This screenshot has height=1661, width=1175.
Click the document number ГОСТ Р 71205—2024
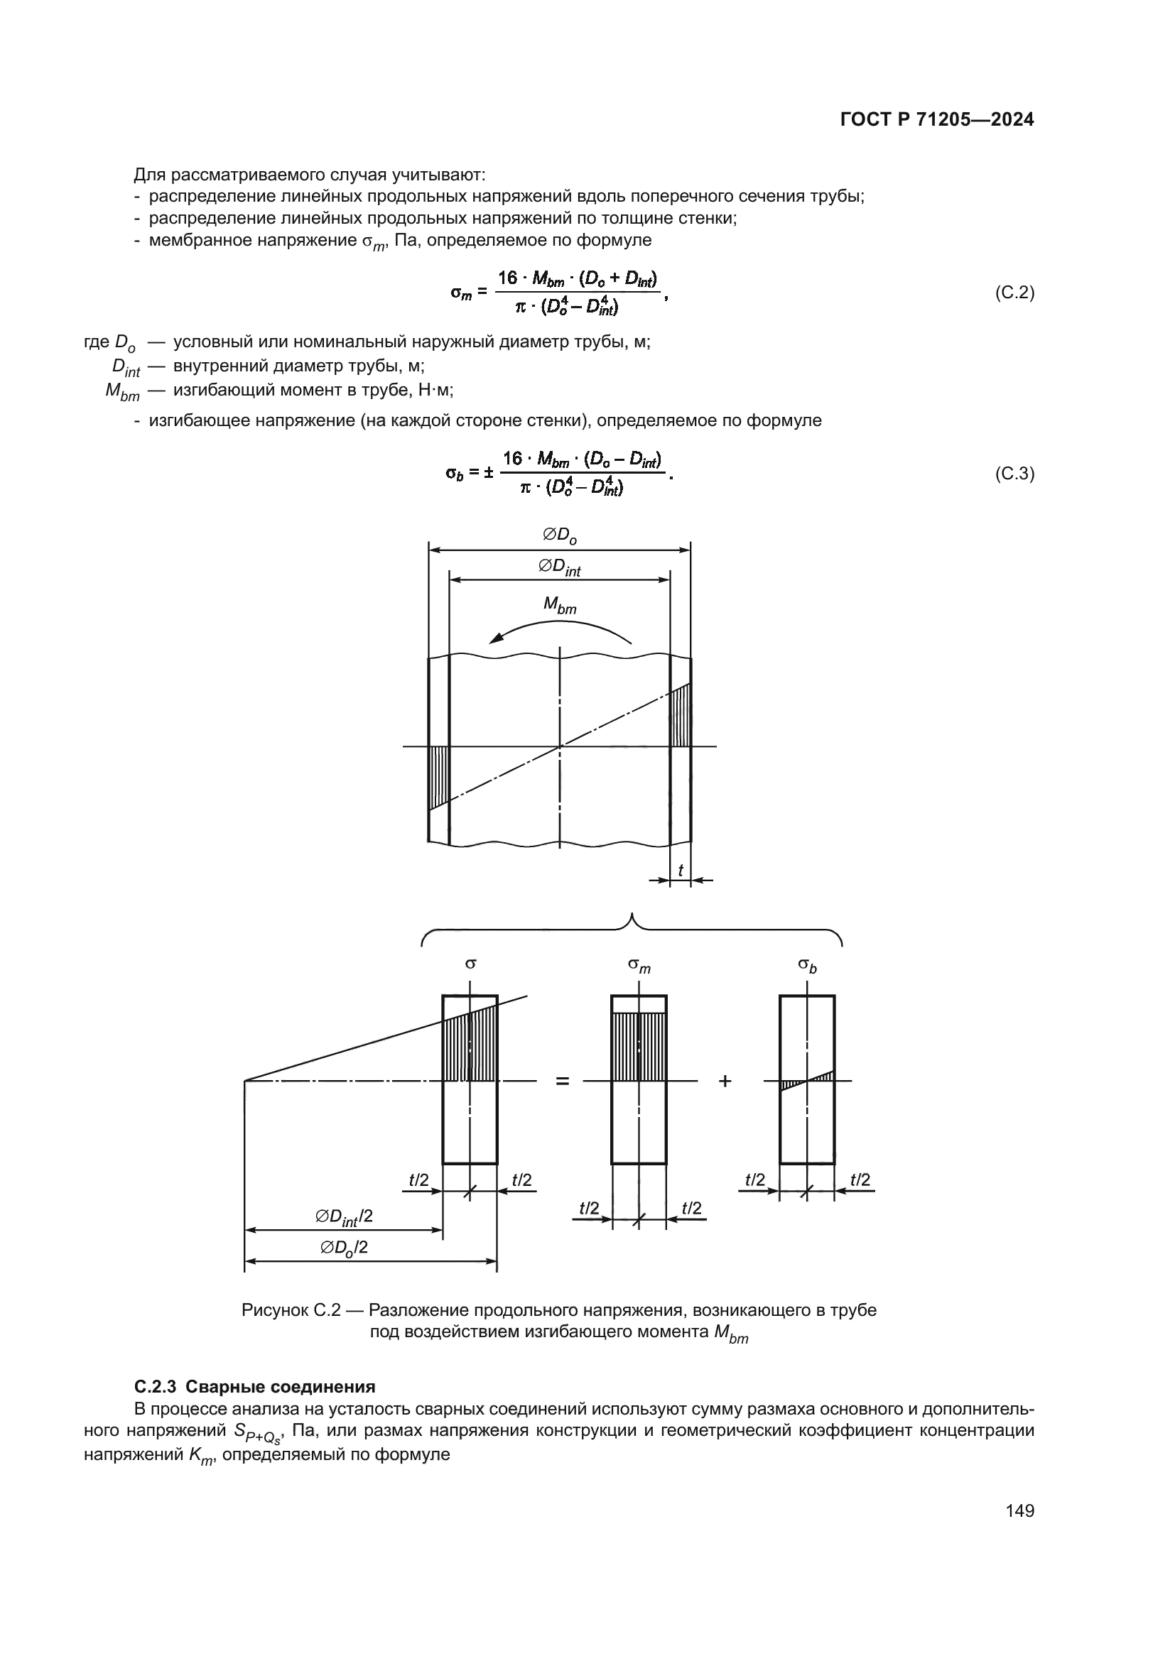(937, 120)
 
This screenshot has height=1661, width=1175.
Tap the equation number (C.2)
(1014, 293)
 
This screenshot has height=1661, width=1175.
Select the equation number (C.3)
(1014, 474)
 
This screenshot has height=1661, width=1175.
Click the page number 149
(1019, 1510)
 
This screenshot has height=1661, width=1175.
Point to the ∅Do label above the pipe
(560, 535)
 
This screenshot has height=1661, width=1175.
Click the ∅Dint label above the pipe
(559, 567)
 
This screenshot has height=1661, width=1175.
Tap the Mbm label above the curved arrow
(560, 606)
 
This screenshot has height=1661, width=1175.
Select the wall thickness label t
(680, 871)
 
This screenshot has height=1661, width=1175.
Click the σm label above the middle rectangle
(639, 965)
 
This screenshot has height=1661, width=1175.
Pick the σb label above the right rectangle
(807, 965)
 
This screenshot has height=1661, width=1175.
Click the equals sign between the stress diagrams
(562, 1081)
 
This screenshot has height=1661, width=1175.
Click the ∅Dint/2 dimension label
(344, 1218)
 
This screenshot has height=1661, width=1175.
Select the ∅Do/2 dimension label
(344, 1248)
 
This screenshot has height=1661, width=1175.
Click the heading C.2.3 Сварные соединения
(255, 1387)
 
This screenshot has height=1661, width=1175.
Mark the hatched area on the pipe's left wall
(438, 774)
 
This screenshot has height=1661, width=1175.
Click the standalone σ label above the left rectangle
(470, 964)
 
